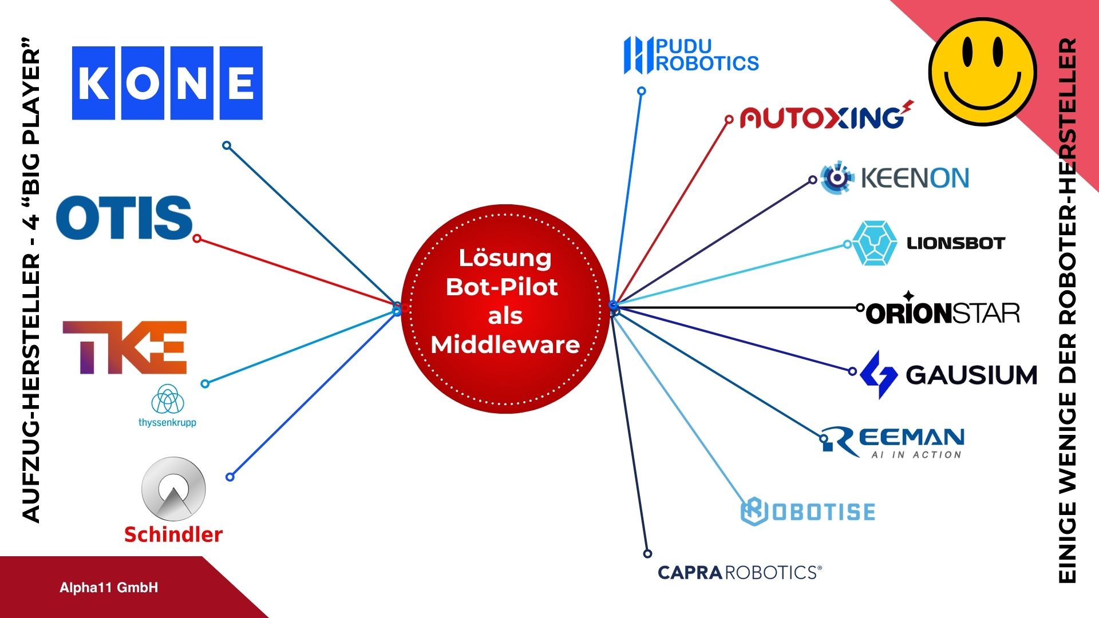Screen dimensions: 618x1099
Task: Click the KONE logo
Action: point(167,84)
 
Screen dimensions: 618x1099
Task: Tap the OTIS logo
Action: point(124,217)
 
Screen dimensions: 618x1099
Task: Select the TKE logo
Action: point(125,347)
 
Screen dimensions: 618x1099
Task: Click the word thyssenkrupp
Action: point(167,423)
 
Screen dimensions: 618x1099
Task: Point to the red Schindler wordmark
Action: point(173,534)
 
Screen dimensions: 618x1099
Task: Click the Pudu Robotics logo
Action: point(691,55)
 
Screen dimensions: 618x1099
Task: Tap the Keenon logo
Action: point(895,178)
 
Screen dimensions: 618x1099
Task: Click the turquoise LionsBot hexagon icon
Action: point(874,243)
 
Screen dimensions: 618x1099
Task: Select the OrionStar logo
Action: point(942,312)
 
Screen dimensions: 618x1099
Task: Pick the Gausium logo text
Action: point(971,375)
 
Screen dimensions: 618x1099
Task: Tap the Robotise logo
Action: point(808,512)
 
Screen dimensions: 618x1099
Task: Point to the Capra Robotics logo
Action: point(739,572)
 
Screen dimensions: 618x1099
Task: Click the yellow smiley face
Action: point(982,72)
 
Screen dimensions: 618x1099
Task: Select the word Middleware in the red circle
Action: point(505,345)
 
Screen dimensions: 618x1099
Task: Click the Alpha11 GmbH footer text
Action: point(109,588)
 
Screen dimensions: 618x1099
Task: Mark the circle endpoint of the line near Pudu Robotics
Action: point(642,91)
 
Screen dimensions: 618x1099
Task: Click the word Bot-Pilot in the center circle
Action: point(502,287)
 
